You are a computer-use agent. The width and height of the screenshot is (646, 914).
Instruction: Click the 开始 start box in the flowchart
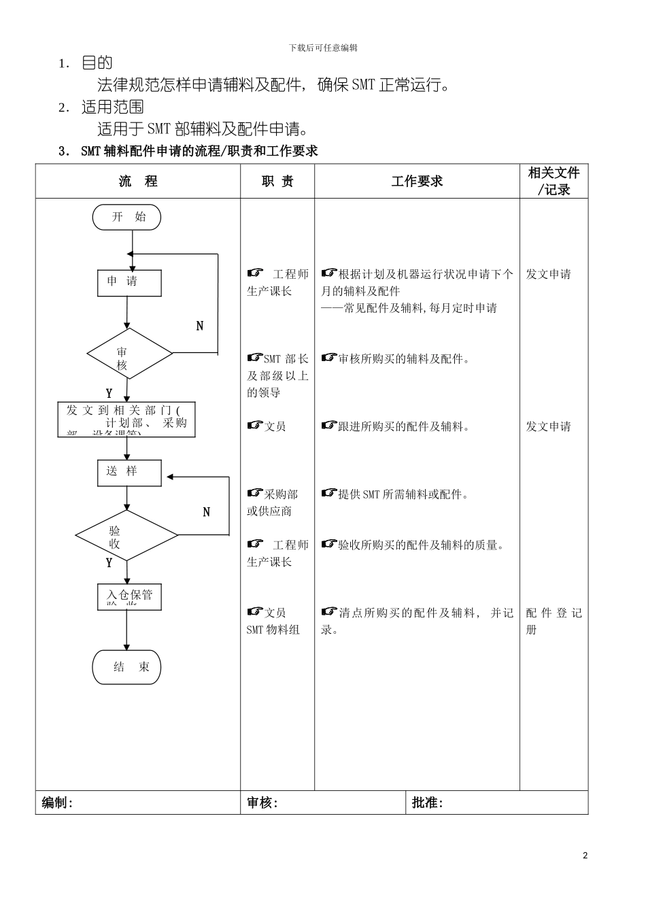[x=127, y=218]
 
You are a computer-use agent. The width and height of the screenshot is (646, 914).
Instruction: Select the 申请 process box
[x=129, y=283]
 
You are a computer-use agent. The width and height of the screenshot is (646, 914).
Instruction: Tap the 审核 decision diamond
[x=129, y=354]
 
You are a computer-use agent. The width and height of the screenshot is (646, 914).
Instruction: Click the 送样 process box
[x=129, y=473]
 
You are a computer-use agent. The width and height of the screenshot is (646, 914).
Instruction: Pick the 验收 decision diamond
[x=126, y=536]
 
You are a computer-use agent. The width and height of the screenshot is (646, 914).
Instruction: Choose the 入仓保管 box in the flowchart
[x=129, y=596]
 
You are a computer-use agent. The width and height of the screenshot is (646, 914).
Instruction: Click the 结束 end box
[x=126, y=667]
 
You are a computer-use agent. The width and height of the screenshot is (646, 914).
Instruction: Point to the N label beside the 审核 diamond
[x=200, y=326]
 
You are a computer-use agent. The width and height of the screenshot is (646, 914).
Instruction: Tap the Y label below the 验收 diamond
[x=109, y=563]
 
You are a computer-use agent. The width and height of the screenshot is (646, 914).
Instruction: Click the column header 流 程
[x=138, y=182]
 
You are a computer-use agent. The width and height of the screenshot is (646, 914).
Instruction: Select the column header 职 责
[x=277, y=182]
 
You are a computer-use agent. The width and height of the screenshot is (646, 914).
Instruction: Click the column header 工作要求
[x=417, y=182]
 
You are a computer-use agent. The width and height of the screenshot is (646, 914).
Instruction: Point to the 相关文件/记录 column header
[x=554, y=182]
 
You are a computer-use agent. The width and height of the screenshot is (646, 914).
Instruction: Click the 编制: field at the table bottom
[x=58, y=803]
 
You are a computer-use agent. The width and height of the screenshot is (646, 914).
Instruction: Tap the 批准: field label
[x=428, y=803]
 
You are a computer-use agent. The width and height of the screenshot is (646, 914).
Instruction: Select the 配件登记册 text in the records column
[x=554, y=621]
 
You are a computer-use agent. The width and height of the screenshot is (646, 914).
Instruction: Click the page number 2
[x=585, y=856]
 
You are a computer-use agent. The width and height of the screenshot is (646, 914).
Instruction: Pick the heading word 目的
[x=97, y=63]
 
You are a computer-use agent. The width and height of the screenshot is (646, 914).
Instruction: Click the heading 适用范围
[x=113, y=107]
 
